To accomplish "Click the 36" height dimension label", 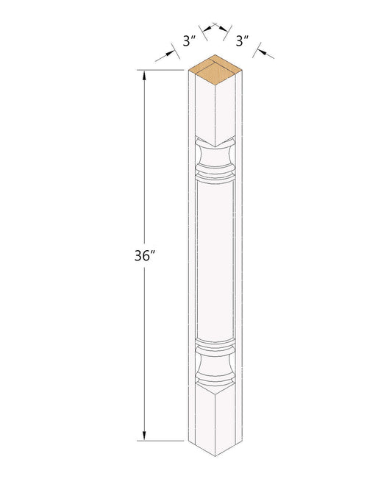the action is pyautogui.click(x=145, y=256).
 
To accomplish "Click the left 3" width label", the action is pyautogui.click(x=189, y=41).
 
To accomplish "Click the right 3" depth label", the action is pyautogui.click(x=242, y=41).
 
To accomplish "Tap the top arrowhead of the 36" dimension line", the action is pyautogui.click(x=144, y=75).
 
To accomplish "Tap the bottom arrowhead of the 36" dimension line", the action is pyautogui.click(x=144, y=436).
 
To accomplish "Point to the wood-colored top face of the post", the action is pyautogui.click(x=215, y=70).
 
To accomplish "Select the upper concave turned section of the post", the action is pyautogui.click(x=215, y=155).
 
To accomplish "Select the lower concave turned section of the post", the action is pyautogui.click(x=215, y=363).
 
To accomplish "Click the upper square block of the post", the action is pyautogui.click(x=215, y=110).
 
